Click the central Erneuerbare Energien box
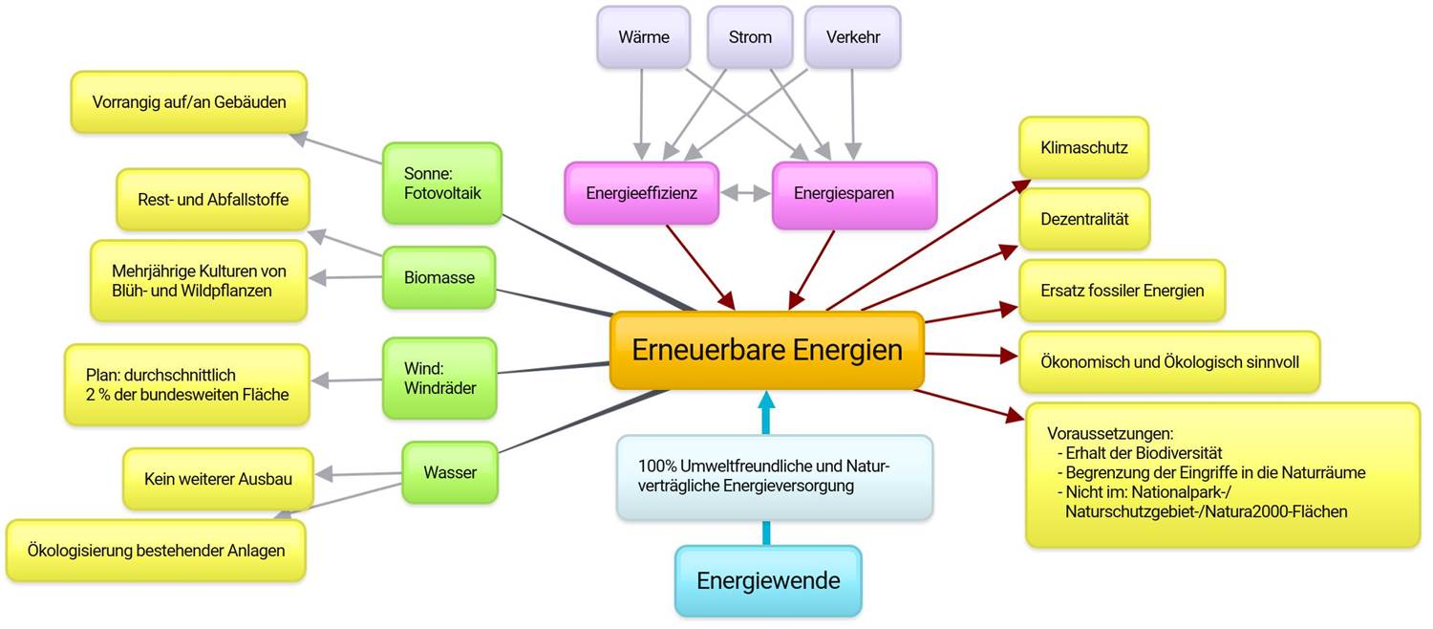click(x=767, y=351)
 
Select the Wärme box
click(x=643, y=37)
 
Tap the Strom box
click(x=750, y=37)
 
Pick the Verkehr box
click(x=852, y=37)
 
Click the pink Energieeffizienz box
click(x=641, y=193)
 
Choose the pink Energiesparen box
click(x=854, y=194)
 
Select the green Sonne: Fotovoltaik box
click(x=441, y=184)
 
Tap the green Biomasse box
click(x=438, y=278)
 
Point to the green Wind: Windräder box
click(x=439, y=379)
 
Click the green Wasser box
click(x=449, y=472)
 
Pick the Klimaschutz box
click(x=1084, y=148)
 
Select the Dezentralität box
click(x=1084, y=219)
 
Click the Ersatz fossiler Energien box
click(x=1122, y=291)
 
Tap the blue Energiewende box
click(x=768, y=580)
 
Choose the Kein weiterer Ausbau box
click(x=218, y=479)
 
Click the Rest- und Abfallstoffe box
click(x=212, y=200)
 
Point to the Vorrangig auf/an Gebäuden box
click(x=188, y=101)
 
